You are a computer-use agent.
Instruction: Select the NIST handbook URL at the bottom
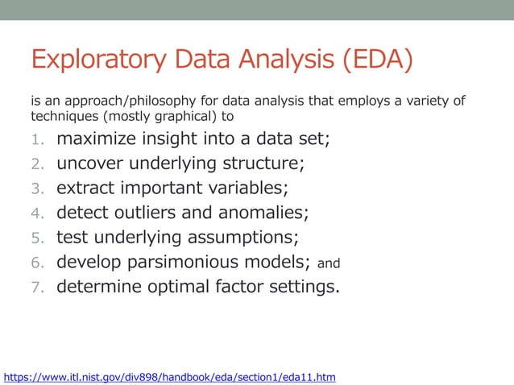pyautogui.click(x=170, y=376)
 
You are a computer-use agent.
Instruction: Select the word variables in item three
pyautogui.click(x=247, y=188)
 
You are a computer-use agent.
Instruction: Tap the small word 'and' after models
pyautogui.click(x=329, y=263)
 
